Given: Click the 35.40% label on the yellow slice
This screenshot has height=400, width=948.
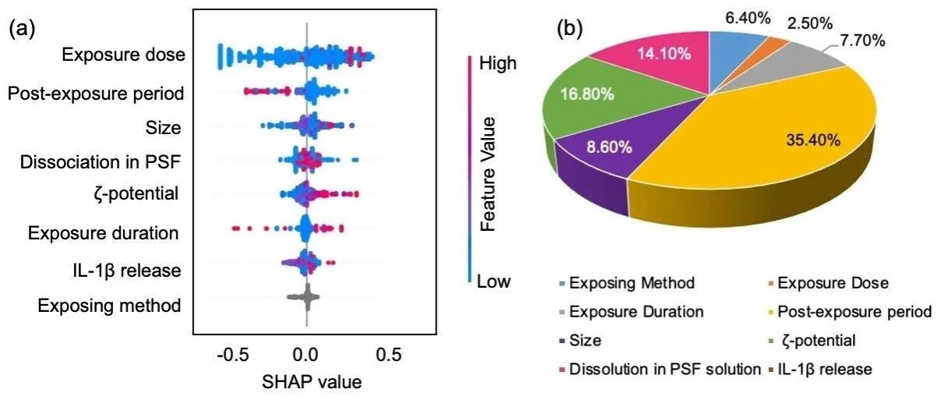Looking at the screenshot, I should point(811,140).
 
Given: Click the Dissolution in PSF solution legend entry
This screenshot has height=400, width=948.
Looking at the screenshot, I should point(663,368).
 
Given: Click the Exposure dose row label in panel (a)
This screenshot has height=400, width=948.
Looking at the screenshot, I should point(123,55).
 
